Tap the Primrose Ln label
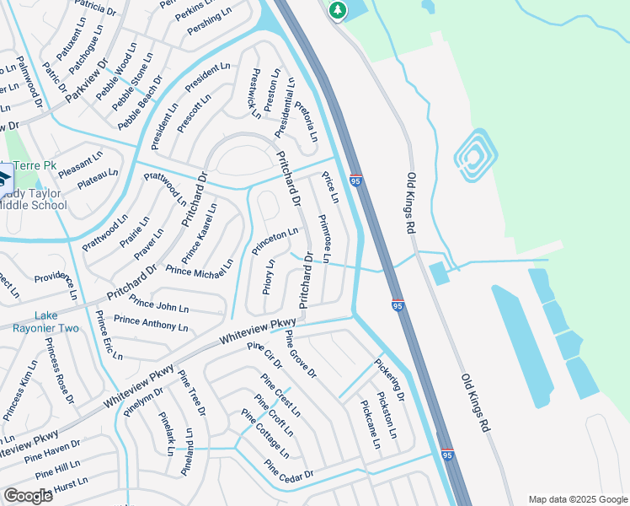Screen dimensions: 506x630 click(x=324, y=239)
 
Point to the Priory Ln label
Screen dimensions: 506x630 click(x=268, y=276)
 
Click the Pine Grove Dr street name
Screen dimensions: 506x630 click(x=300, y=353)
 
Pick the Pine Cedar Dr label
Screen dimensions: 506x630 click(x=288, y=470)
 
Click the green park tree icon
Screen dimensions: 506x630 click(x=338, y=10)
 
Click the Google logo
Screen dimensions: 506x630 click(x=28, y=496)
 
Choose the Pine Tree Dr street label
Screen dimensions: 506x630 click(x=192, y=394)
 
